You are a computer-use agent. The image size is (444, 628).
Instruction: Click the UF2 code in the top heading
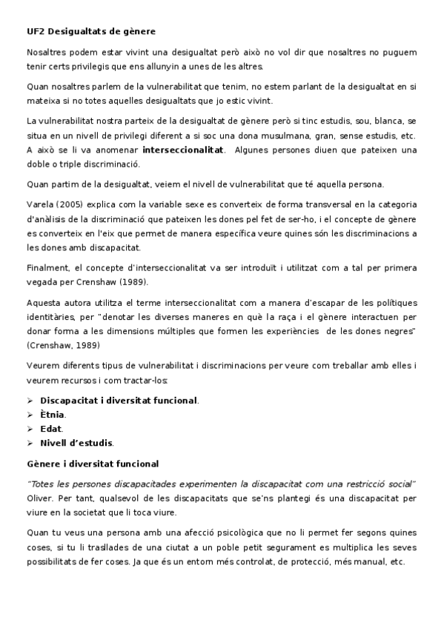pos(35,31)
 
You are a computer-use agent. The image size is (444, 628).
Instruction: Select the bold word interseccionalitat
pos(182,149)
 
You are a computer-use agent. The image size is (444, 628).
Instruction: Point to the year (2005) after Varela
pos(72,203)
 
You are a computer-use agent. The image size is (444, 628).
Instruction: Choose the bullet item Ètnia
pos(52,414)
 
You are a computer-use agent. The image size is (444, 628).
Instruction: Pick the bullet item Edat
pos(51,428)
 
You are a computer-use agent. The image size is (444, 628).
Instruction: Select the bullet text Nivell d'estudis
pos(76,442)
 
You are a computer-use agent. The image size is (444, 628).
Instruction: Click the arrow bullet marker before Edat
pos(30,428)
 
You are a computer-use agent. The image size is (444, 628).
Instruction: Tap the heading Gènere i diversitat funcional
pos(92,464)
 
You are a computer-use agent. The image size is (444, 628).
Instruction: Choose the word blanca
pos(383,121)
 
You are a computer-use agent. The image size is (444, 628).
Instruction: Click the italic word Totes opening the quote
pos(42,483)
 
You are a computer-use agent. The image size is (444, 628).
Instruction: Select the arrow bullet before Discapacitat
pos(30,400)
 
